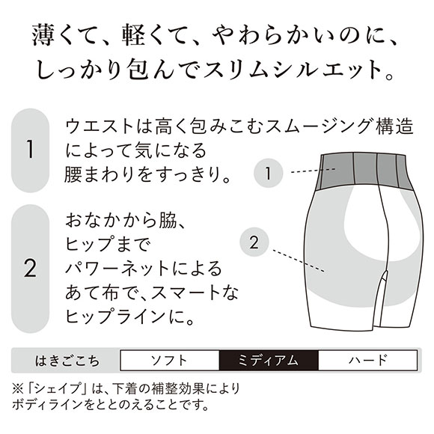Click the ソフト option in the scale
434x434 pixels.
[x=168, y=360]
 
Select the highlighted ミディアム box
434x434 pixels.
[x=268, y=360]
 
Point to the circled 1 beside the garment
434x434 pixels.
[x=268, y=174]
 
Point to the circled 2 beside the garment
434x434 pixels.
[x=254, y=242]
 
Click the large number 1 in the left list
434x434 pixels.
[x=31, y=150]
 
